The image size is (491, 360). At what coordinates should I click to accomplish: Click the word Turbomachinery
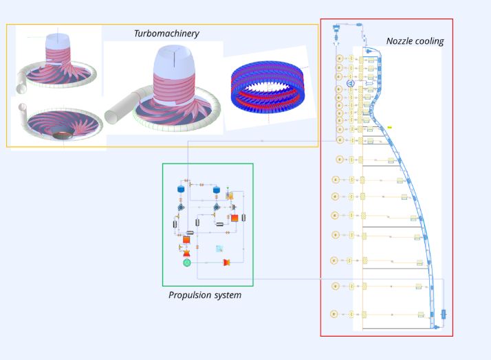[x=166, y=33]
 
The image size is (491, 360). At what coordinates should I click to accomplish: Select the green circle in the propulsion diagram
[x=186, y=262]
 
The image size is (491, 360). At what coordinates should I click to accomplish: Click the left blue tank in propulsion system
[x=182, y=188]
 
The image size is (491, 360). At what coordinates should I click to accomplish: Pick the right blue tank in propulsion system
[x=216, y=189]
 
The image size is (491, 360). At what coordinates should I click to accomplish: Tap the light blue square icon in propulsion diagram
[x=219, y=249]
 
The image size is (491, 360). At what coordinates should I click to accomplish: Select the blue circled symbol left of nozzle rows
[x=350, y=83]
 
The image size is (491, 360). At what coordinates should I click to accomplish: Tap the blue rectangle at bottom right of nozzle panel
[x=444, y=314]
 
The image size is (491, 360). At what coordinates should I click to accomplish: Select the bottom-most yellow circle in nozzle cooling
[x=335, y=314]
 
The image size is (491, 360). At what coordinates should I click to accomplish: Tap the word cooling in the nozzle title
[x=430, y=41]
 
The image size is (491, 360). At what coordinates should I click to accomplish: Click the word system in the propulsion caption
[x=229, y=295]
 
